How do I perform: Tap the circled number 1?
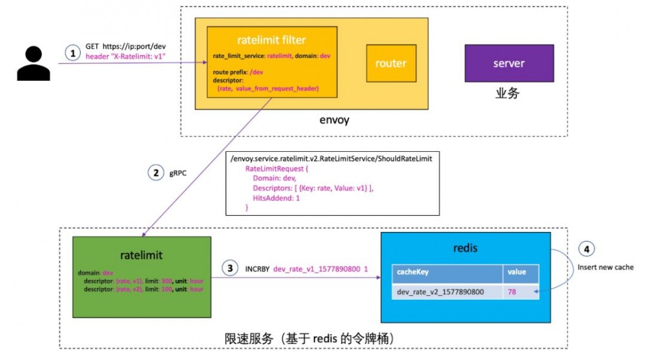(x=75, y=52)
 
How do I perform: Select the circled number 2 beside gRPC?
(x=156, y=173)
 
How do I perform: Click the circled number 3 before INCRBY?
(x=229, y=267)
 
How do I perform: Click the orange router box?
(x=391, y=63)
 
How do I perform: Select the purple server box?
(x=508, y=63)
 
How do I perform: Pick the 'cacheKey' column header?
(x=412, y=272)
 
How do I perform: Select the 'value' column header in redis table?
(x=517, y=272)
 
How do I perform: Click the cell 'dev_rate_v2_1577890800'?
(x=441, y=291)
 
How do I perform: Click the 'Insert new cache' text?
(x=605, y=267)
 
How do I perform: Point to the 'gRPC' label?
(x=182, y=173)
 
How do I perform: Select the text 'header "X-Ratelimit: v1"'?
(x=126, y=57)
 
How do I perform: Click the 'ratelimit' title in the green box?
(x=141, y=255)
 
